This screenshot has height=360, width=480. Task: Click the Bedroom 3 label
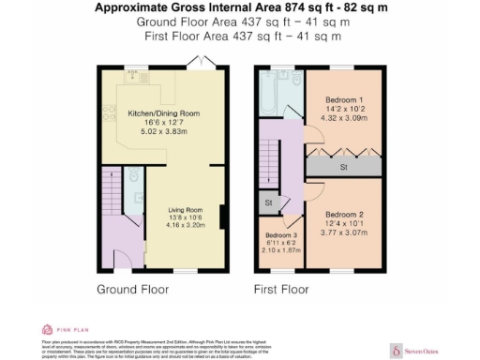tap(281, 236)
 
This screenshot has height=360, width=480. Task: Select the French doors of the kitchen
tap(199, 63)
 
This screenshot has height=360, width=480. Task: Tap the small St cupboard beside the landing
tap(268, 202)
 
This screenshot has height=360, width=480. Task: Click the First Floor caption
tap(281, 290)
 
